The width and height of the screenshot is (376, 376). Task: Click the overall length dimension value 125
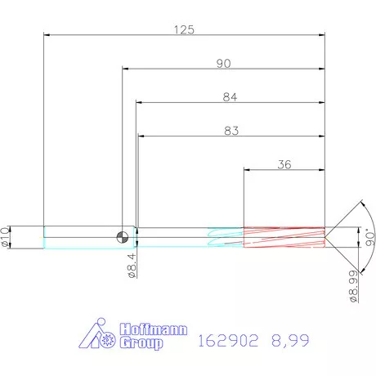184,29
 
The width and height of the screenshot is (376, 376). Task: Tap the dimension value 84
230,97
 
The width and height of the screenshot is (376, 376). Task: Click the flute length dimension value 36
284,163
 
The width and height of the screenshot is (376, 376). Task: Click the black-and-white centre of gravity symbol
122,237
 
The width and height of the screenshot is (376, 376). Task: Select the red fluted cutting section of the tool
283,236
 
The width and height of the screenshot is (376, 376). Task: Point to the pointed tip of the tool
328,236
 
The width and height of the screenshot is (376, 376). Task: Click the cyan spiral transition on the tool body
225,236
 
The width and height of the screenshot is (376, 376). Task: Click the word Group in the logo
141,343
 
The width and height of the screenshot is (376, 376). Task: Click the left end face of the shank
43,237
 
